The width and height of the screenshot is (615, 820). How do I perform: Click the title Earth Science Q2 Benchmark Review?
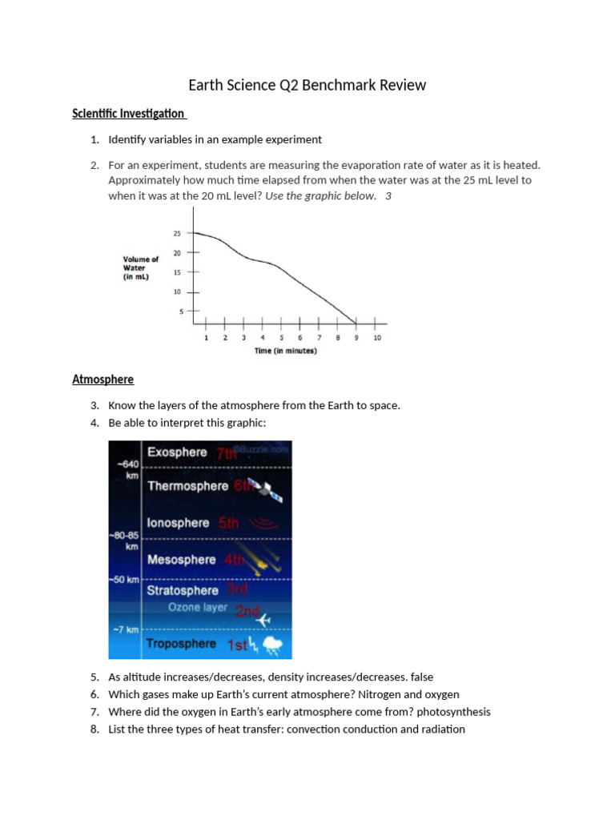307,85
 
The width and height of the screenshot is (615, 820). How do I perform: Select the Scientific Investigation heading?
128,114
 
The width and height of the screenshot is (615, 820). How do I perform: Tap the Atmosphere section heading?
103,379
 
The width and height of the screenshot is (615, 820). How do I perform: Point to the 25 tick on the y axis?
177,234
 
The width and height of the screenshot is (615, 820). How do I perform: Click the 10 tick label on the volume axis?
177,291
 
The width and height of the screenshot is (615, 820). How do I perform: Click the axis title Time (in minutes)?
286,351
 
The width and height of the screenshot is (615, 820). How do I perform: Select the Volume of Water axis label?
141,267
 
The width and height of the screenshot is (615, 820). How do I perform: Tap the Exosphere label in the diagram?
177,452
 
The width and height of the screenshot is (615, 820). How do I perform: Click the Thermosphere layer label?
188,486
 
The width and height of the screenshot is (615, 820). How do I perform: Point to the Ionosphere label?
178,523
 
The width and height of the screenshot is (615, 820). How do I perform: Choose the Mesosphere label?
181,560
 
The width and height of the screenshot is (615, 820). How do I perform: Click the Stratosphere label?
182,590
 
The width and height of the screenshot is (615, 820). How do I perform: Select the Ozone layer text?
197,607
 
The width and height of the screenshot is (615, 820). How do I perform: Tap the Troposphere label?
181,643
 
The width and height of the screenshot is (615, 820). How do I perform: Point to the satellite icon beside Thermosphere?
268,491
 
